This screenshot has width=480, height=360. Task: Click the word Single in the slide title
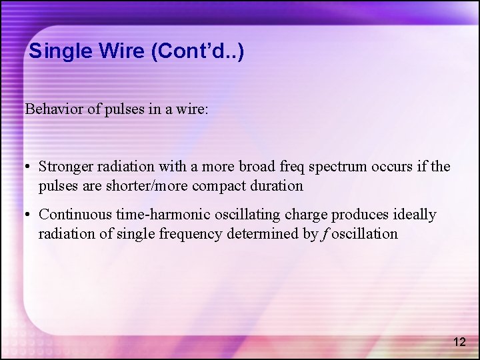tap(54, 51)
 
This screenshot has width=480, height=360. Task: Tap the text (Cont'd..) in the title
tap(198, 51)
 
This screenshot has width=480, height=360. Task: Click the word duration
tap(277, 185)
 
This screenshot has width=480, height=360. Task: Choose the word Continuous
tap(75, 215)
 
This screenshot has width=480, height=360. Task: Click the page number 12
tap(459, 342)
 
